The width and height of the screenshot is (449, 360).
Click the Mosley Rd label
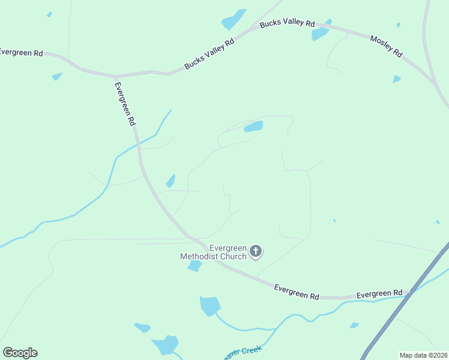click(386, 46)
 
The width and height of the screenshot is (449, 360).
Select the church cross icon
click(256, 251)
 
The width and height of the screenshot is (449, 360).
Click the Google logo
click(20, 353)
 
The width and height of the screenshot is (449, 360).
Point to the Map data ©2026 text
click(423, 355)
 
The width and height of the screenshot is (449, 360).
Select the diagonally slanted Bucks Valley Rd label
click(209, 55)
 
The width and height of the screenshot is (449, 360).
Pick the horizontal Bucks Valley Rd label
click(287, 24)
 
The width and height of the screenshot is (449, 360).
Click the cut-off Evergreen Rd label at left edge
click(21, 53)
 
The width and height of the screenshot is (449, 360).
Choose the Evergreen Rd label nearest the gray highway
click(379, 294)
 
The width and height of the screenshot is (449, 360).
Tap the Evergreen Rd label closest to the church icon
click(297, 292)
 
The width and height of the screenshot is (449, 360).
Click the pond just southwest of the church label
click(194, 265)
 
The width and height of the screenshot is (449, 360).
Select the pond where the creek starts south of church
click(210, 305)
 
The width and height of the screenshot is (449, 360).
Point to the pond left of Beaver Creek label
click(165, 345)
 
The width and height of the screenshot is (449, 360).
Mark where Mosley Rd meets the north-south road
click(434, 83)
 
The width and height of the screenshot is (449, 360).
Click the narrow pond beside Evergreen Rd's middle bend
click(170, 181)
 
